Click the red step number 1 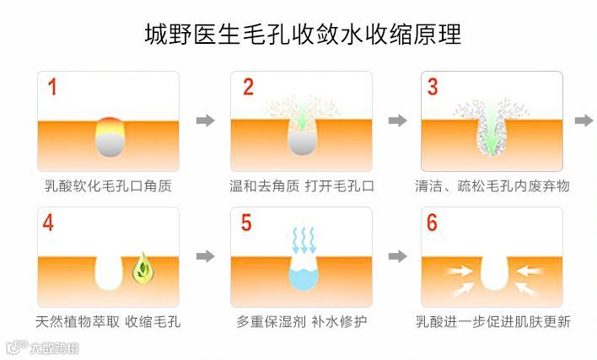[52, 87]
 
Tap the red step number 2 [248, 87]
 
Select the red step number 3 [433, 87]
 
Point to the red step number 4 [49, 223]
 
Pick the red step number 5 [246, 223]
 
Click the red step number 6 [433, 223]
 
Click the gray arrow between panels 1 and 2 [205, 121]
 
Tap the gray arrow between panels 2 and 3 [397, 121]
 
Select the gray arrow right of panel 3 [584, 121]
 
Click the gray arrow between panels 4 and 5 [205, 255]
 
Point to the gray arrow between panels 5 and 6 [397, 255]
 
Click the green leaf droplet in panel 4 [142, 266]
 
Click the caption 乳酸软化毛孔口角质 [109, 185]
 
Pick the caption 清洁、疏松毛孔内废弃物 [492, 185]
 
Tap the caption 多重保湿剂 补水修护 [301, 321]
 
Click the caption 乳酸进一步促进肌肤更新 [492, 321]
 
